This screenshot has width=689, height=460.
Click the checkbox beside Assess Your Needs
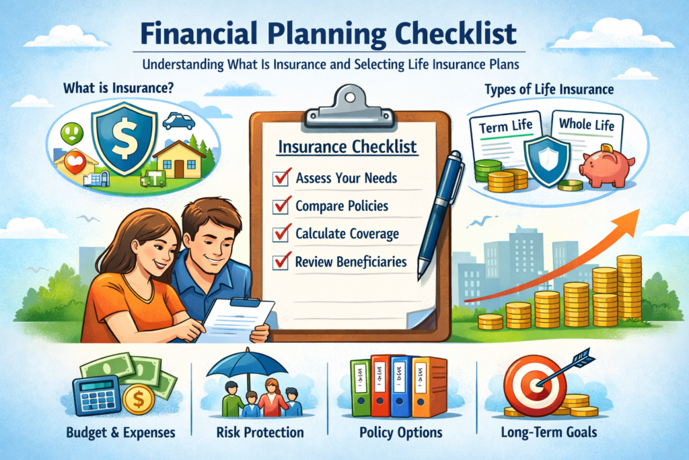click(x=280, y=179)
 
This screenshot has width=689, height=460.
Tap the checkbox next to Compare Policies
click(x=280, y=206)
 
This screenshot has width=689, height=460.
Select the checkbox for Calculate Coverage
click(x=280, y=234)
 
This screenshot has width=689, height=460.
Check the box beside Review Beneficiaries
click(x=280, y=261)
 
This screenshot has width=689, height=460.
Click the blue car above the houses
click(x=178, y=121)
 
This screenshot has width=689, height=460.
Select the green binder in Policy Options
click(x=361, y=387)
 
